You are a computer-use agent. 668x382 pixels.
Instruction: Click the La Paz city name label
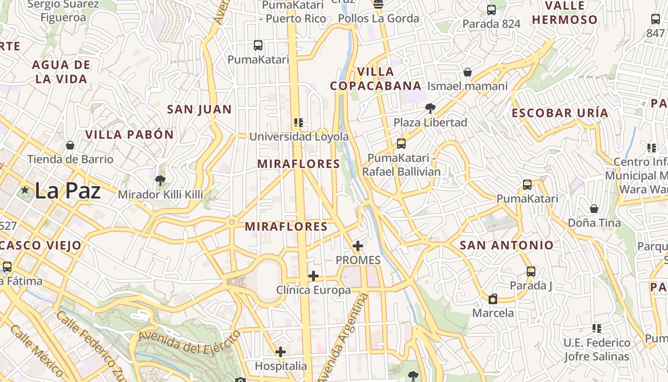(68, 191)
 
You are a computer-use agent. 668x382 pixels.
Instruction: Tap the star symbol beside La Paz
(25, 190)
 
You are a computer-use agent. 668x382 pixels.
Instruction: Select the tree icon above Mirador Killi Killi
(160, 180)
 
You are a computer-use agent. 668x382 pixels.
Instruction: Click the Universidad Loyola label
(299, 137)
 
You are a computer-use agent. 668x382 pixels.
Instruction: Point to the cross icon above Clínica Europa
(313, 276)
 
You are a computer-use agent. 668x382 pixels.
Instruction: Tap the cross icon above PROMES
(358, 246)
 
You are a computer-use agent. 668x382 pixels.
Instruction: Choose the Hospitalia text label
(281, 366)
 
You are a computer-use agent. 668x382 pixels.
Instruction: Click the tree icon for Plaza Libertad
(430, 108)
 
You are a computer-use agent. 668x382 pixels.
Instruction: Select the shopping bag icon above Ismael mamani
(468, 72)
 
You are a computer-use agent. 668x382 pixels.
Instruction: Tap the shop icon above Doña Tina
(594, 209)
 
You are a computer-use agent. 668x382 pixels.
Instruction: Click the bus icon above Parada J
(531, 272)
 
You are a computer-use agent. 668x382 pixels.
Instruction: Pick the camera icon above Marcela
(493, 299)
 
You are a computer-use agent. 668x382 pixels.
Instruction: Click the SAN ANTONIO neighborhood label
(506, 245)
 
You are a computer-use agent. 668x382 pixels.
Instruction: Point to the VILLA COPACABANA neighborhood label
(376, 79)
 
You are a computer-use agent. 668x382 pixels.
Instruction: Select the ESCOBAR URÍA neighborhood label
(560, 113)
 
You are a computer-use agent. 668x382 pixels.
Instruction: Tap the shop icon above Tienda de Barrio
(70, 145)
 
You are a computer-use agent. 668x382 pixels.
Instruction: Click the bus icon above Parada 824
(491, 10)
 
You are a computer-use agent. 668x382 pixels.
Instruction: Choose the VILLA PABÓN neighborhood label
(129, 135)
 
